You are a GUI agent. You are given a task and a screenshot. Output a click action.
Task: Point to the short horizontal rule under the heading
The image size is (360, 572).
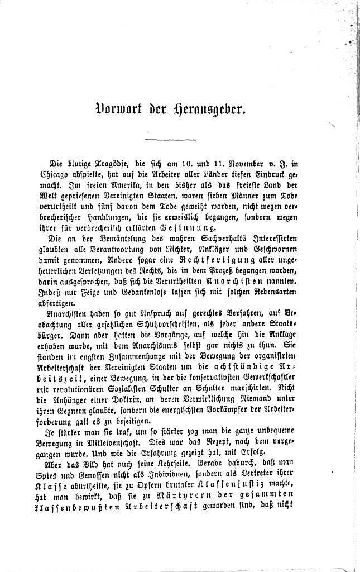point(170,139)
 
